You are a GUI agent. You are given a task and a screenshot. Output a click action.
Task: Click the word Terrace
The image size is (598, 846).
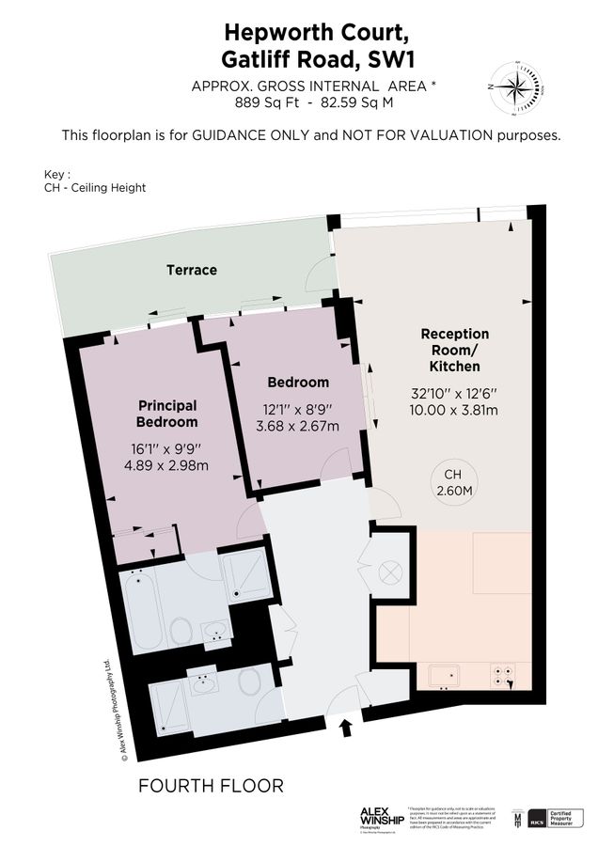click(192, 270)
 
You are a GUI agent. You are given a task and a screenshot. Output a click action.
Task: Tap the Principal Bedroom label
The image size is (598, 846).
click(167, 414)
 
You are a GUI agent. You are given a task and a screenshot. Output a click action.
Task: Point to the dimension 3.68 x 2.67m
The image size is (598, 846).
click(298, 426)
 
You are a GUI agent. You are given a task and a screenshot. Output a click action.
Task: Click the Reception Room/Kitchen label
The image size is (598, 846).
click(454, 350)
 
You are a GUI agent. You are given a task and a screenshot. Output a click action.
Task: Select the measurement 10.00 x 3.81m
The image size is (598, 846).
click(454, 410)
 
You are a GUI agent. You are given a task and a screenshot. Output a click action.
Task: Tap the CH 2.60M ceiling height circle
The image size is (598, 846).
click(454, 483)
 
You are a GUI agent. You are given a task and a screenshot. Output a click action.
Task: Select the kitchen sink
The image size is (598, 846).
click(443, 674)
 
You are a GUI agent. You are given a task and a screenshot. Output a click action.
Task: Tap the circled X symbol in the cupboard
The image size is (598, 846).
click(389, 572)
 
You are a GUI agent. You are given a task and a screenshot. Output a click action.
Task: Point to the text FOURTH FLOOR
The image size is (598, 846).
click(210, 785)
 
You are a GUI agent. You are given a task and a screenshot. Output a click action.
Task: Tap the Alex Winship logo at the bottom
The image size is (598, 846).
click(382, 816)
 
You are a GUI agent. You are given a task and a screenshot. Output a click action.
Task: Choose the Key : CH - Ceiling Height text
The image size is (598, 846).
click(94, 181)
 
